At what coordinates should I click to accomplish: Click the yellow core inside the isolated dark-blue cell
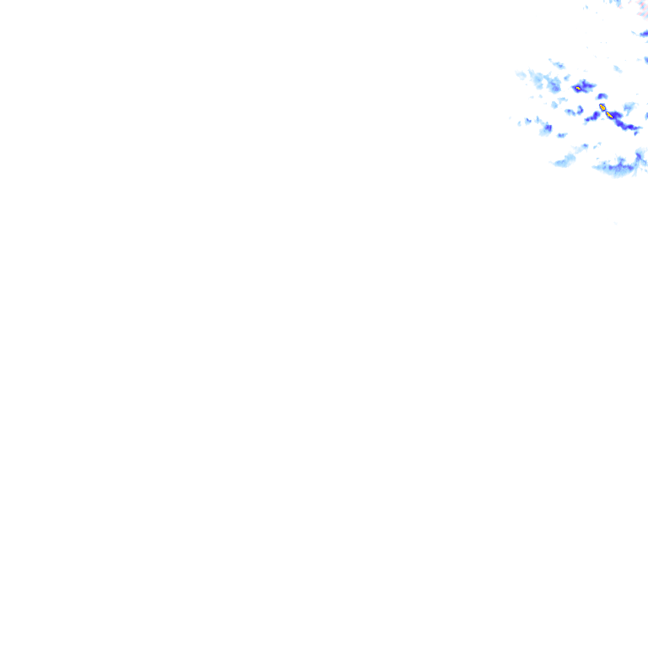click(x=578, y=88)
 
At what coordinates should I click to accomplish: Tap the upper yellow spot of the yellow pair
click(x=602, y=107)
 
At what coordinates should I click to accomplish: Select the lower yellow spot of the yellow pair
click(x=609, y=115)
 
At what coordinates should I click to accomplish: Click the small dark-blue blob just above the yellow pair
click(x=602, y=96)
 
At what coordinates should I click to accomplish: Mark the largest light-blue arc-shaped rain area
click(x=618, y=166)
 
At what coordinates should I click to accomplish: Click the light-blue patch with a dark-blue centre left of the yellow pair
click(x=546, y=128)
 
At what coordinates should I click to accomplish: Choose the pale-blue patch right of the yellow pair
click(x=629, y=107)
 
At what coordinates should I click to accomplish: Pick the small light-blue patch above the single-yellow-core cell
click(x=557, y=63)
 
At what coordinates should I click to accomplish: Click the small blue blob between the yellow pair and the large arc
click(x=584, y=146)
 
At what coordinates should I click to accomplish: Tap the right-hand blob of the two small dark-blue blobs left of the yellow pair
click(x=580, y=110)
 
